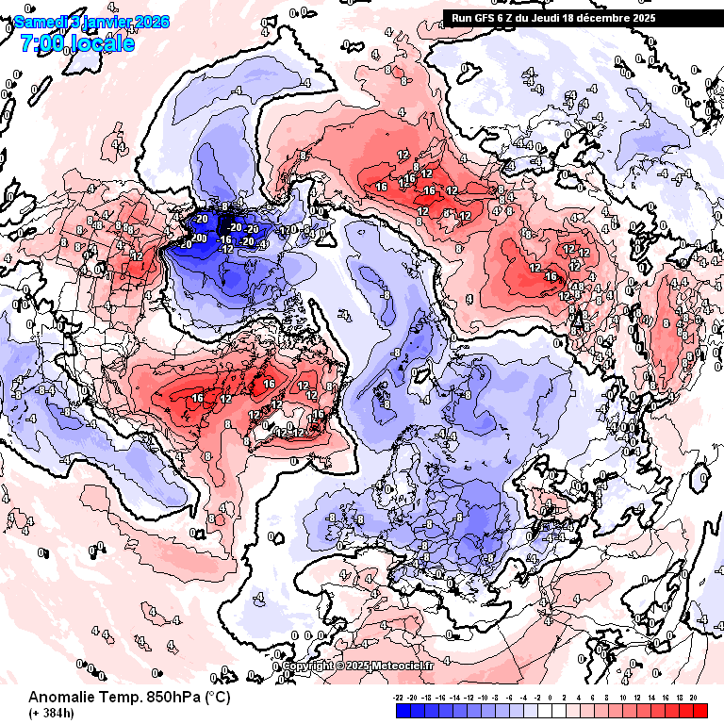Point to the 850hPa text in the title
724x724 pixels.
(170, 698)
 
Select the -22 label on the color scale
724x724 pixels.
(400, 698)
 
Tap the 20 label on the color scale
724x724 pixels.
(693, 698)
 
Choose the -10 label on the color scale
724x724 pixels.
(484, 698)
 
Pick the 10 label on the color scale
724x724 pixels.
(623, 698)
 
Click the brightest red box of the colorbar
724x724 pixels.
(699, 711)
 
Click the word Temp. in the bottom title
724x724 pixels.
(120, 698)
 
